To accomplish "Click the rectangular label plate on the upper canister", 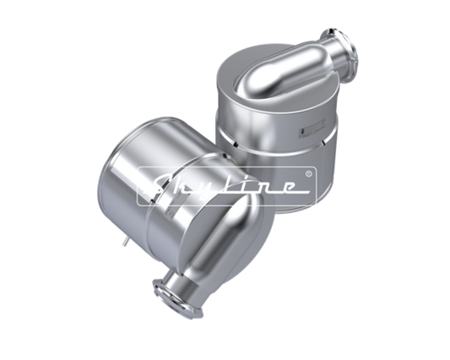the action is tap(312, 128).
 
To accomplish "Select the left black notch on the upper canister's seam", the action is tap(235, 144).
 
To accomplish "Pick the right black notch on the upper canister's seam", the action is tap(323, 142).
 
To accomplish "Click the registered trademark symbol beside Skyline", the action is tap(309, 173).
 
